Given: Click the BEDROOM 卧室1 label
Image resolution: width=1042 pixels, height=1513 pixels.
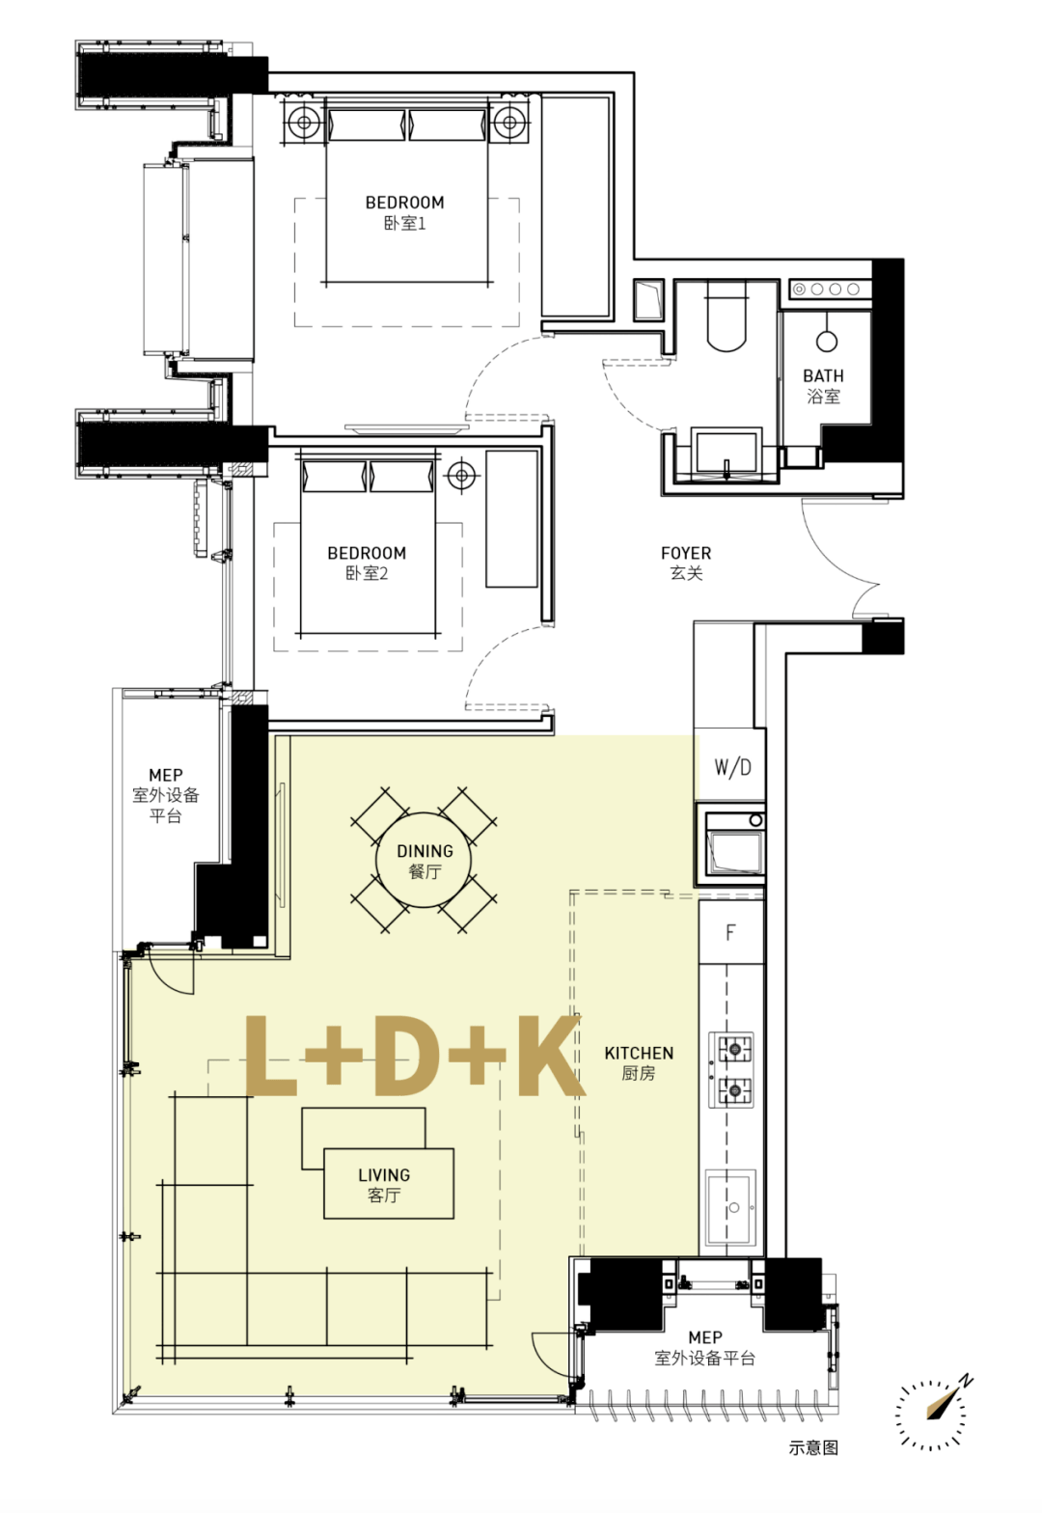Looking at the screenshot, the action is (x=404, y=212).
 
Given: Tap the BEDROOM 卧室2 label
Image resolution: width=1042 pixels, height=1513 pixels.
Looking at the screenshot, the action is (x=367, y=563).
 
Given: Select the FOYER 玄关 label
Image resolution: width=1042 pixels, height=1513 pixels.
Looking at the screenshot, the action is (x=686, y=563).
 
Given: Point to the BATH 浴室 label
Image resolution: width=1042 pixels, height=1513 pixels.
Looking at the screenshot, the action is (x=823, y=386).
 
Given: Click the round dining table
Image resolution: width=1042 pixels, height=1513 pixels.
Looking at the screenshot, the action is (x=424, y=860).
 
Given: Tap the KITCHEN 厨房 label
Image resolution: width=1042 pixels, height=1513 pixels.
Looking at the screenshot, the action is (x=639, y=1062).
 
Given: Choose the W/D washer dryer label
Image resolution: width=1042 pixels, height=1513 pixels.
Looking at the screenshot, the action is (x=732, y=766).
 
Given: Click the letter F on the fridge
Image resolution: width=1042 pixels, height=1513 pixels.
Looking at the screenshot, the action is (x=730, y=933).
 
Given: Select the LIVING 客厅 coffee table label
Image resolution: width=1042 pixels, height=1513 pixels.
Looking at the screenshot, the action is (x=384, y=1185).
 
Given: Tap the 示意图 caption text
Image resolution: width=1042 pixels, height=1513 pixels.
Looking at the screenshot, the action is (x=813, y=1447).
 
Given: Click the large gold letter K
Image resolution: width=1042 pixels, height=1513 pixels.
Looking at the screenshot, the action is (x=550, y=1055).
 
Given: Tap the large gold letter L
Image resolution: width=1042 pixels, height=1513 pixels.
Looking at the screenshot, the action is (x=271, y=1055).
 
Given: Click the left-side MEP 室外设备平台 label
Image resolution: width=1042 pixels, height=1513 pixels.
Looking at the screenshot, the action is (x=165, y=795).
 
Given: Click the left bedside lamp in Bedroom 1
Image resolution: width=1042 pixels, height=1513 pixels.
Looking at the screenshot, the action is (x=304, y=123).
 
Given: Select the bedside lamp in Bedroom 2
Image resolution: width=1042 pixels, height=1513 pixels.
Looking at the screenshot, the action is (x=462, y=475).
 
